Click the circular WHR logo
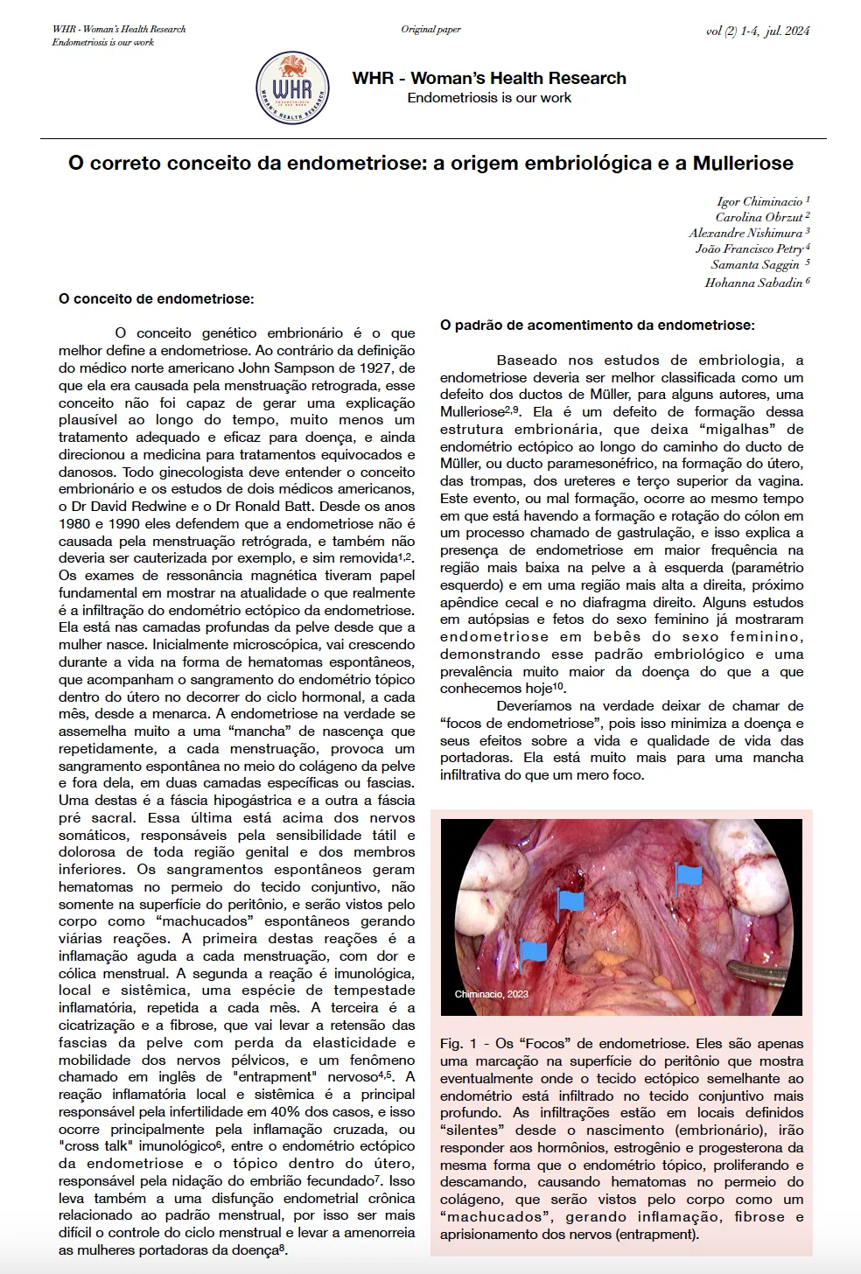(x=292, y=88)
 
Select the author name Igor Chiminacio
(x=759, y=201)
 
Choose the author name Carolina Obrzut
(x=759, y=217)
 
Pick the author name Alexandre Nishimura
(x=745, y=233)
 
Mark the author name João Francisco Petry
(x=749, y=248)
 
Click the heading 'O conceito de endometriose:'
(x=157, y=299)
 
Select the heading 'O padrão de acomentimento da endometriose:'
(x=597, y=325)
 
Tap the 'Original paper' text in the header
(x=430, y=30)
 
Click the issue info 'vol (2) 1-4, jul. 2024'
(x=757, y=31)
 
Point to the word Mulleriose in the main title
(x=743, y=164)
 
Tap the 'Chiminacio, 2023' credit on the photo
(x=492, y=994)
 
